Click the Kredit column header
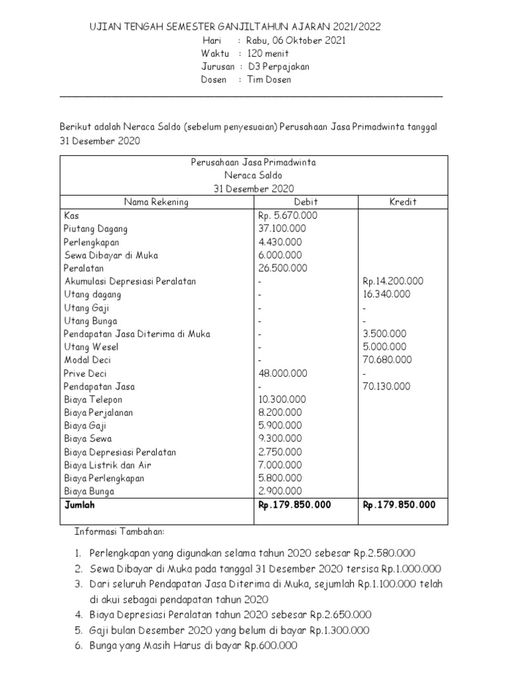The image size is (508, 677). click(x=403, y=202)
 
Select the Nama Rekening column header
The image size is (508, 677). click(x=155, y=202)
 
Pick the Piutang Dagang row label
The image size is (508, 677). click(x=96, y=229)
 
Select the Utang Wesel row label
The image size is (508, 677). click(x=91, y=346)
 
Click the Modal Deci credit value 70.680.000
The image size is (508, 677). click(x=388, y=360)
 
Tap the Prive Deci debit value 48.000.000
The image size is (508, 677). click(x=282, y=373)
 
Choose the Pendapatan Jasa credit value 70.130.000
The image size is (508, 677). click(x=388, y=386)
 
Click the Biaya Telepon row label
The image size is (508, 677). click(x=93, y=399)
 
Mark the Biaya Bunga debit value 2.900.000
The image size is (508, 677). click(x=280, y=491)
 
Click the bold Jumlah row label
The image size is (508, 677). click(x=80, y=504)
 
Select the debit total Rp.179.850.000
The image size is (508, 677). click(x=294, y=504)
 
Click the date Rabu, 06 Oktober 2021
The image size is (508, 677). click(x=295, y=40)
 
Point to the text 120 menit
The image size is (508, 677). click(x=268, y=54)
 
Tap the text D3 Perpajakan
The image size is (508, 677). click(x=278, y=67)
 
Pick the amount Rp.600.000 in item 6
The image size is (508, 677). click(x=271, y=646)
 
